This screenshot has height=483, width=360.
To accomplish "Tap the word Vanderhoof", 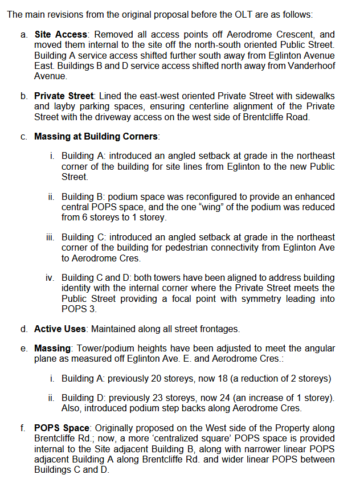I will [309, 66].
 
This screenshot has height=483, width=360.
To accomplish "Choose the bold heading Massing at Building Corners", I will [96, 137].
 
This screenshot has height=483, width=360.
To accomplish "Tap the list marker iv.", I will [50, 278].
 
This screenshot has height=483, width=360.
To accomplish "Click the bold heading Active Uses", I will [60, 329].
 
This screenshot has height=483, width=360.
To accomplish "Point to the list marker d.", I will [24, 329].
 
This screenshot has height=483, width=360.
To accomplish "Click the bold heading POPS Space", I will [62, 428].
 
